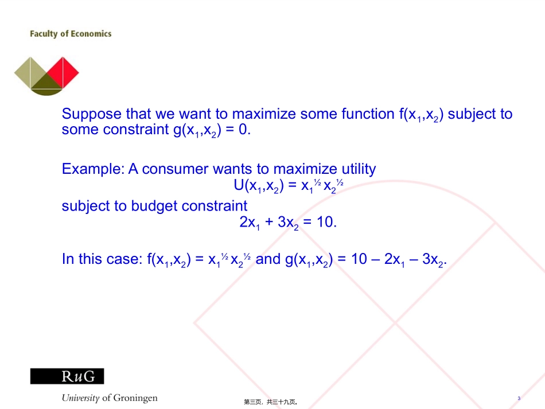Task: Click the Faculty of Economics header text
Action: click(71, 34)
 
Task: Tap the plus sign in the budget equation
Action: click(268, 222)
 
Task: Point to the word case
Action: click(123, 259)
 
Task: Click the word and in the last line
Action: click(268, 259)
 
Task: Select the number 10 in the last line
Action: click(359, 259)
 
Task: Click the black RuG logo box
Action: click(67, 376)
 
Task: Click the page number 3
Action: click(519, 398)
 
